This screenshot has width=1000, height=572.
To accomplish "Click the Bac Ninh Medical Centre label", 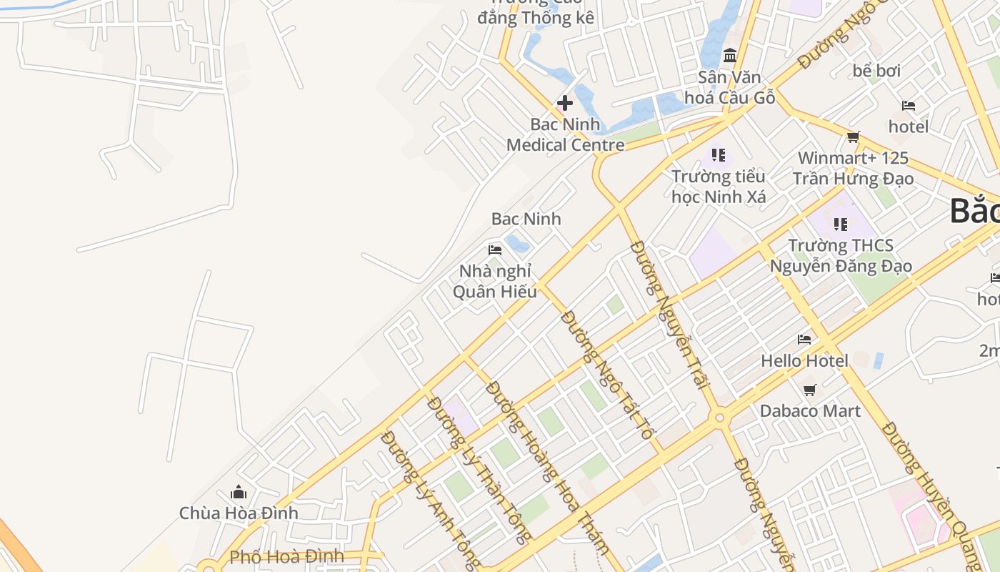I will pyautogui.click(x=565, y=134).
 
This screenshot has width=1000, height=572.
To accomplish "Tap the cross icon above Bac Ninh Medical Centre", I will pyautogui.click(x=565, y=103).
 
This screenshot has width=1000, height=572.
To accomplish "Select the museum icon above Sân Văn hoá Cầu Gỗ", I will pyautogui.click(x=730, y=55).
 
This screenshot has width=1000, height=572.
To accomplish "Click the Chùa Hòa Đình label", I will pyautogui.click(x=239, y=513).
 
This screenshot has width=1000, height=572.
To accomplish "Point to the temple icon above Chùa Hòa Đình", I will pyautogui.click(x=239, y=492).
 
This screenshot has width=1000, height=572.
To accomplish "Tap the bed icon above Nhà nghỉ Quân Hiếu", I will pyautogui.click(x=495, y=250).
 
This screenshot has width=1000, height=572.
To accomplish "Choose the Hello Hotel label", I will pyautogui.click(x=804, y=360).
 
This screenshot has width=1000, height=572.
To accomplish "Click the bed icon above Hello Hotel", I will pyautogui.click(x=804, y=340).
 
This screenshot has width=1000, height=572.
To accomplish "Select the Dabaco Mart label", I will pyautogui.click(x=810, y=410).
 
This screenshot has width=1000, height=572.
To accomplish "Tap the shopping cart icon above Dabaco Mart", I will pyautogui.click(x=810, y=390).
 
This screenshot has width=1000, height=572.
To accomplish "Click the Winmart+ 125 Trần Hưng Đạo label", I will pyautogui.click(x=853, y=168).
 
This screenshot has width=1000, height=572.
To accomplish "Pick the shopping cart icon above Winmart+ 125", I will pyautogui.click(x=853, y=137).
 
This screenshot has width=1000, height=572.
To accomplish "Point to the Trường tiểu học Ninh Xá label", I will pyautogui.click(x=719, y=186).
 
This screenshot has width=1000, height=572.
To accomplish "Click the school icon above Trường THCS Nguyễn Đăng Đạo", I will pyautogui.click(x=841, y=225).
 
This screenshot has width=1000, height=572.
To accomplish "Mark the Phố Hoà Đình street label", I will pyautogui.click(x=286, y=556).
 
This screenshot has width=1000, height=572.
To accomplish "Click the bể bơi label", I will pyautogui.click(x=876, y=71).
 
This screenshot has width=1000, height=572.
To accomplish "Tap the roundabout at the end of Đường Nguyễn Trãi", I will pyautogui.click(x=719, y=418).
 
